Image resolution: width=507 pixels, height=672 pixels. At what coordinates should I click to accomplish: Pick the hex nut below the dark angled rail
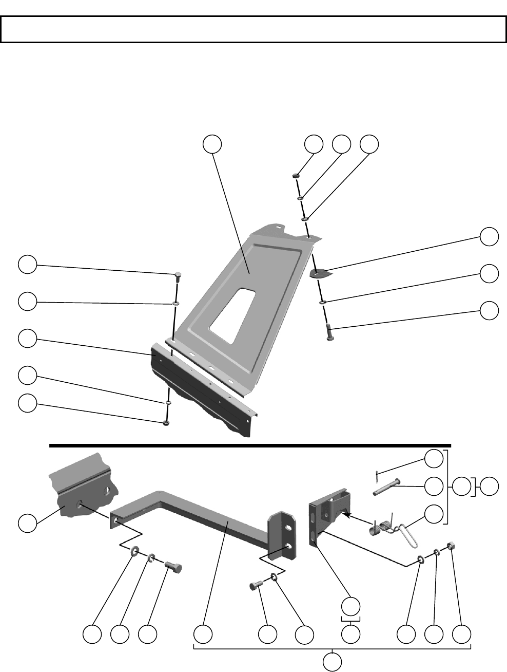[x=166, y=422]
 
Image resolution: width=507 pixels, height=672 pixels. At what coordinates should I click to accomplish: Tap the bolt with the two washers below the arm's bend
[x=174, y=568]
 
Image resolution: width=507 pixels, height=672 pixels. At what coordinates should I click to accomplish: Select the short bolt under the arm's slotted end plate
[x=256, y=585]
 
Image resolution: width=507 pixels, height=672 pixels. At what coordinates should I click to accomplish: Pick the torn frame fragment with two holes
[x=85, y=491]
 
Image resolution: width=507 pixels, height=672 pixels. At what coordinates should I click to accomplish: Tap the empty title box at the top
[x=253, y=30]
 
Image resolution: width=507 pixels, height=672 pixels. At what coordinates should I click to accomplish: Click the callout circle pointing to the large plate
[x=212, y=145]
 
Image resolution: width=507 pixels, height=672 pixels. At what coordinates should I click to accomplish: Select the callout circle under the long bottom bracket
[x=333, y=661]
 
